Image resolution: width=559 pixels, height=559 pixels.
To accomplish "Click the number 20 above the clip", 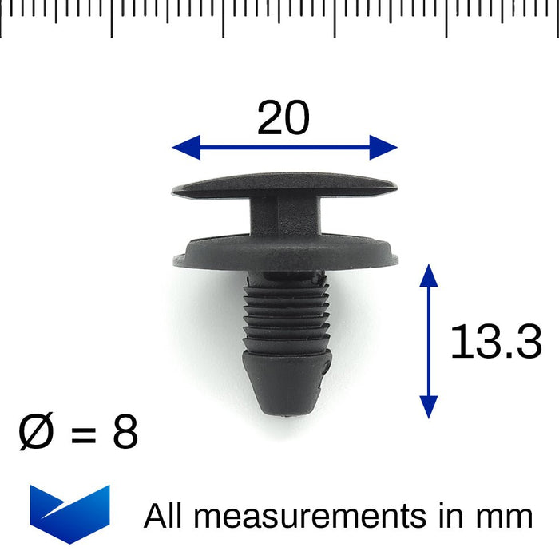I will pos(283,119).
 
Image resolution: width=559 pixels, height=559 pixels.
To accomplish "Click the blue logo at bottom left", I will pos(69,513).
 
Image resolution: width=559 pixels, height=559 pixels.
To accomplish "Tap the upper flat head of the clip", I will pos(283,184).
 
